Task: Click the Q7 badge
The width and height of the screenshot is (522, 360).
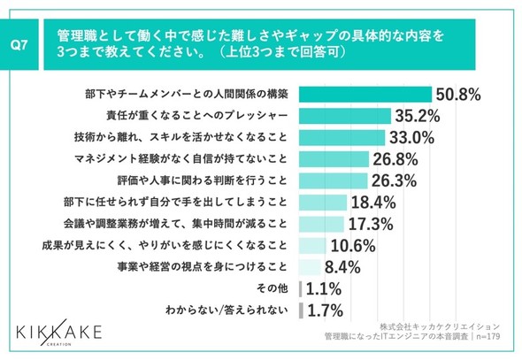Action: pos(19,44)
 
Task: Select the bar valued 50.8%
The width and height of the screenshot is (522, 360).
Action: pos(365,94)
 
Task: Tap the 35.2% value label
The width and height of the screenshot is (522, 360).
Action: pos(418,116)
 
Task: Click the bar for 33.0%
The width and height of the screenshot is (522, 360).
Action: pos(342,137)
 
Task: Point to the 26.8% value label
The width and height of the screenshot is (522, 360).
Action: pos(395,159)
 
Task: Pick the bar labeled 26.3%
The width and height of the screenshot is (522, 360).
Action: pos(334,180)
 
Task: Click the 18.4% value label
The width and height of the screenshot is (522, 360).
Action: pos(373,203)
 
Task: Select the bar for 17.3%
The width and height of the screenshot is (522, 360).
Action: pos(321,224)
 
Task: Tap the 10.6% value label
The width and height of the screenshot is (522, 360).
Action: pos(353,246)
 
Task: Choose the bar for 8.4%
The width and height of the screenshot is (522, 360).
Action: pos(310,267)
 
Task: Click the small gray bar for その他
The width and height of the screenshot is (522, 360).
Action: pos(300,289)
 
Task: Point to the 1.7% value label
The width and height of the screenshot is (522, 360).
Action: pos(326,310)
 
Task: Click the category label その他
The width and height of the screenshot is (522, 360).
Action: pos(272,288)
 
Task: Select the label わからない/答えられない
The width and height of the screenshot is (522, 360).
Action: pos(226,310)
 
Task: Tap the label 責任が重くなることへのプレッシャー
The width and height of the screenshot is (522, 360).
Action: pos(197,116)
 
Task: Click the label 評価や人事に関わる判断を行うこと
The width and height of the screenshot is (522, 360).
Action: pos(203,180)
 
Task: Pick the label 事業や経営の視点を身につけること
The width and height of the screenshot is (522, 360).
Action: pos(203,267)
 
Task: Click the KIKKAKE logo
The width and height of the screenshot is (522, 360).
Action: pos(59,332)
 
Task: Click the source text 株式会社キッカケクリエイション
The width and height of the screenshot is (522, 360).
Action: pos(440,326)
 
